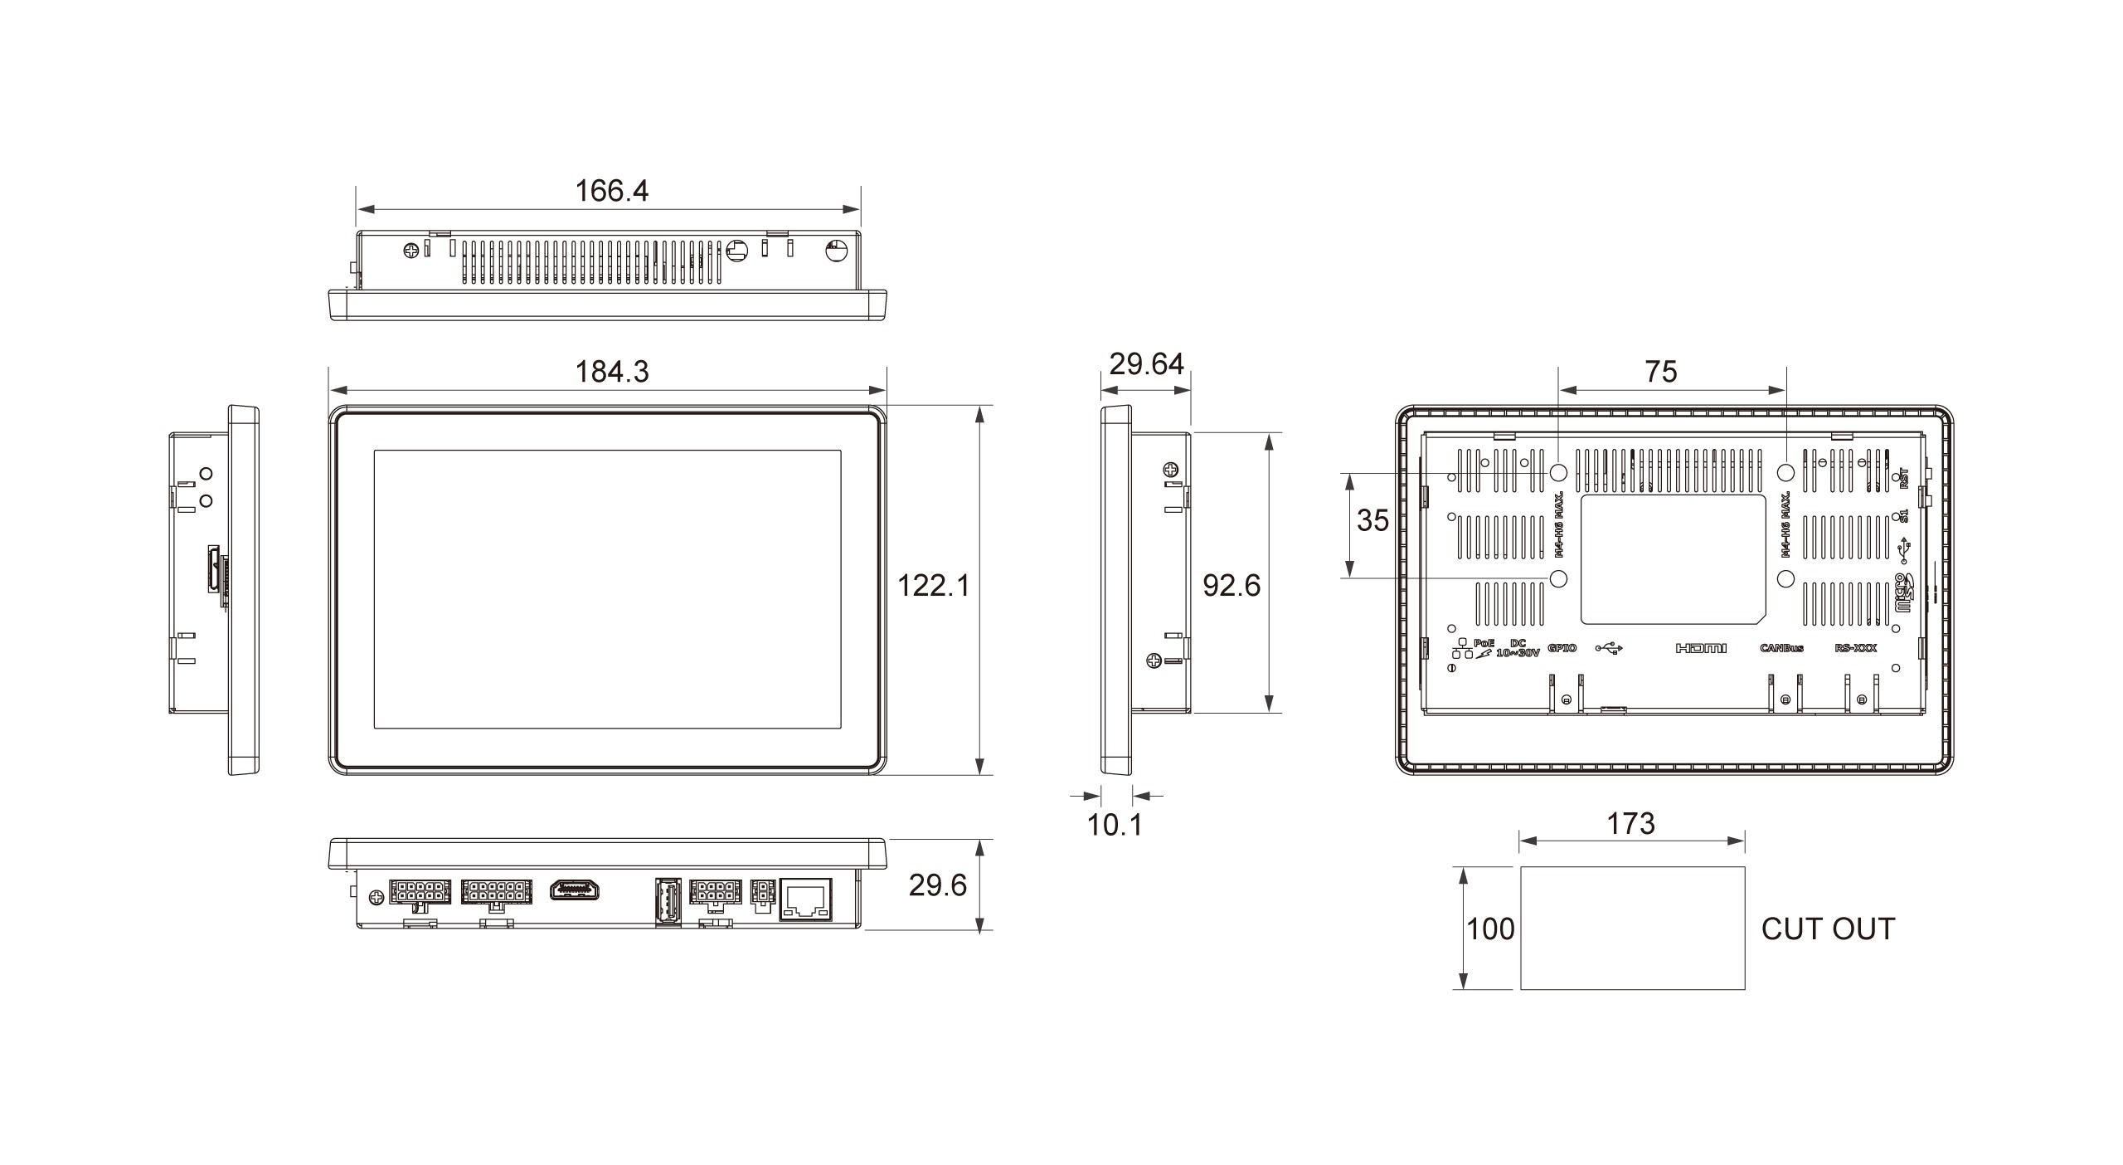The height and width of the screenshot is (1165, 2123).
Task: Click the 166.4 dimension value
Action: point(611,191)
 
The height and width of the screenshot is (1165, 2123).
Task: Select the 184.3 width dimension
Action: point(612,372)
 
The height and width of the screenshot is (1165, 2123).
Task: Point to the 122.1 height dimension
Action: point(933,586)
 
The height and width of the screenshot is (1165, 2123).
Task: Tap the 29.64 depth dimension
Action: point(1146,364)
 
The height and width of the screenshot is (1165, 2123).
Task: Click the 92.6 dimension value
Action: point(1232,586)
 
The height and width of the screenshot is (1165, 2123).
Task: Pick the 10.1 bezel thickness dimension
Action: point(1115,825)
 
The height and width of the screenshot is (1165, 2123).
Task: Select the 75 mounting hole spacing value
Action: point(1661,372)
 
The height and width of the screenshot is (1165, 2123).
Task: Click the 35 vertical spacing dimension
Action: point(1372,520)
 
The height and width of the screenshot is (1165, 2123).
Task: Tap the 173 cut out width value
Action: point(1630,823)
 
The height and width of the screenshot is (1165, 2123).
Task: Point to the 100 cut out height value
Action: point(1490,929)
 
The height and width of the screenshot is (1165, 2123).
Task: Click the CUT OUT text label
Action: point(1828,929)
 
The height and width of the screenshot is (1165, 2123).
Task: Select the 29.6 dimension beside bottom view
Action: point(937,885)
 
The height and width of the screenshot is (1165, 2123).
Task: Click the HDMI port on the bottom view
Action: point(575,890)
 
